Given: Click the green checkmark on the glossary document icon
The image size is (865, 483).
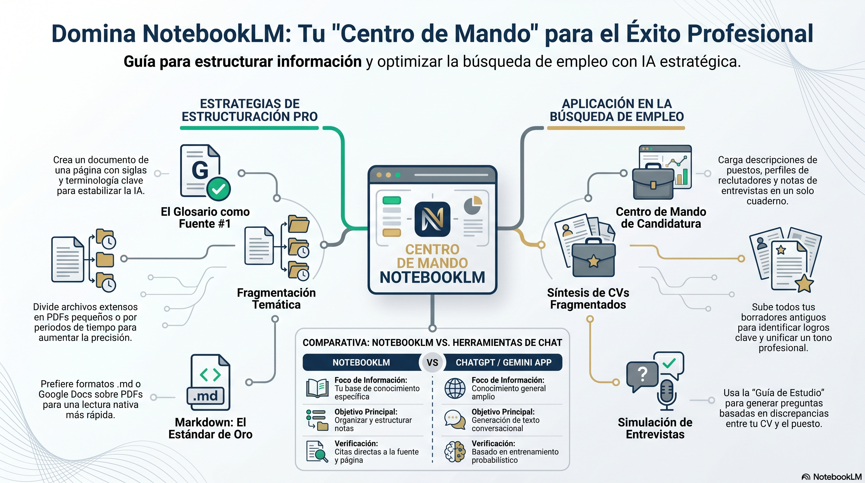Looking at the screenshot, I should click(218, 189).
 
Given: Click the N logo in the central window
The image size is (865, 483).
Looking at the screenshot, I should click(432, 219).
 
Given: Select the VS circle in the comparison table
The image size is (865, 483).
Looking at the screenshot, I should click(432, 363).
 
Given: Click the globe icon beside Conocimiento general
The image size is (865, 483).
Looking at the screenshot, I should click(455, 388).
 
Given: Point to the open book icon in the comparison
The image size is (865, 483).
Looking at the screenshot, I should click(317, 388).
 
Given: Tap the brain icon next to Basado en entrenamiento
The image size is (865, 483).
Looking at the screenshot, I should click(455, 452).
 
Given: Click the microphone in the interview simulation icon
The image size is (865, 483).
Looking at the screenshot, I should click(667, 395).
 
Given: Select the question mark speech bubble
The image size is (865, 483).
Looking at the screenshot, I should click(642, 375).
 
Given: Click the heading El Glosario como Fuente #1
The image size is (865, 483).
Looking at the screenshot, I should click(205, 218).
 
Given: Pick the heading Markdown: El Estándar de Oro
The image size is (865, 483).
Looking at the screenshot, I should click(210, 428).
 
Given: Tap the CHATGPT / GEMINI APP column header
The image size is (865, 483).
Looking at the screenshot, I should click(503, 363).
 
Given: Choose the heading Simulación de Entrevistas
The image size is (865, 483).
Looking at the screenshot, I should click(655, 428).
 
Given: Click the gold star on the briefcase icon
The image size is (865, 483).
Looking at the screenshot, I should click(593, 261).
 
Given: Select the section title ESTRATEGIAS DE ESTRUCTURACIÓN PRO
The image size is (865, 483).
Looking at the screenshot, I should click(250, 110).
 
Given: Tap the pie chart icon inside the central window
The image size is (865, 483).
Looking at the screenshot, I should click(473, 205).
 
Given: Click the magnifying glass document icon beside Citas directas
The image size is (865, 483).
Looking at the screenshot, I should click(317, 452).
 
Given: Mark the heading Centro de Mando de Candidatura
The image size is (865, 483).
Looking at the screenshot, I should click(660, 218).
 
